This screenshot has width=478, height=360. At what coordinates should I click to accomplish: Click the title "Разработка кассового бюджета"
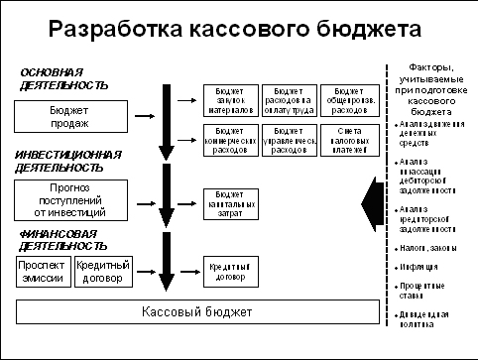tap(227, 28)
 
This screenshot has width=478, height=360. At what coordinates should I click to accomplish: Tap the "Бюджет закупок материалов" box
tap(228, 98)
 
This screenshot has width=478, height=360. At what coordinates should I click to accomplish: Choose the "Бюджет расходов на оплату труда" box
tap(288, 98)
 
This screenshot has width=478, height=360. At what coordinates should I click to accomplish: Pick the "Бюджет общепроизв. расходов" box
tap(346, 98)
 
